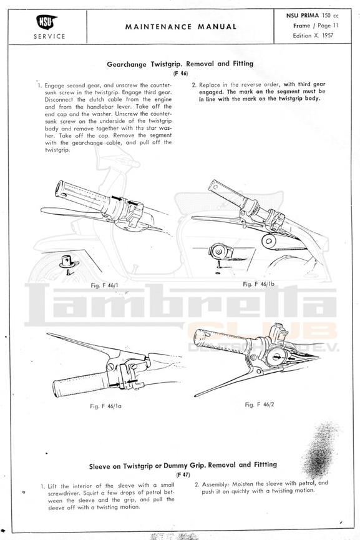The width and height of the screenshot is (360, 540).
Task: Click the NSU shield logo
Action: (x=46, y=22)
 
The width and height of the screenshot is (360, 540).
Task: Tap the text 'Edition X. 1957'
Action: (x=313, y=35)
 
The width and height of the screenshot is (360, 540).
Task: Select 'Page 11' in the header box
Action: (x=328, y=26)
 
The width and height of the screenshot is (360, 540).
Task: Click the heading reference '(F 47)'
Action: (x=183, y=475)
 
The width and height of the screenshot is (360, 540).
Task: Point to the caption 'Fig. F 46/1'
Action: (x=104, y=285)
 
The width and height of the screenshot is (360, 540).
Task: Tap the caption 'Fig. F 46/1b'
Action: (x=258, y=284)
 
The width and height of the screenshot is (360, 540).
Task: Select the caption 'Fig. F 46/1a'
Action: (x=105, y=406)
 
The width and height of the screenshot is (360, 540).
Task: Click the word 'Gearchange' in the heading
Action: (x=127, y=64)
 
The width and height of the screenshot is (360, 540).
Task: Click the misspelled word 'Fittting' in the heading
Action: (x=265, y=464)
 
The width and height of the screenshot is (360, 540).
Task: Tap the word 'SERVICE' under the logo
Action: (x=49, y=36)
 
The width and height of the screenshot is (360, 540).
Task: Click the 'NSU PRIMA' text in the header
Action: (x=303, y=16)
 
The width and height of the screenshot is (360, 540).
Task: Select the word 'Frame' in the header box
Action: (x=302, y=26)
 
